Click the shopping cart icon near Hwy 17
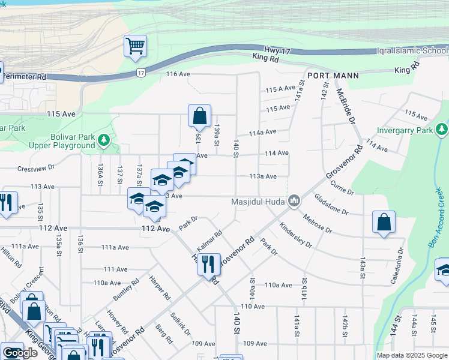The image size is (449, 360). pos(136,46)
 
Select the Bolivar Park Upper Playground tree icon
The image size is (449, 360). pos(104,140)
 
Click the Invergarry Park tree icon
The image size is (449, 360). pos(442,130)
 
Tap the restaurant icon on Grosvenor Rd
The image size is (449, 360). pos(208,264)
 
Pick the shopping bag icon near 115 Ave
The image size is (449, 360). pos(199,116)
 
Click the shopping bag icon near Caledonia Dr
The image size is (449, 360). pos(384,222)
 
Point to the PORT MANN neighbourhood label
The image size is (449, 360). pos(333,76)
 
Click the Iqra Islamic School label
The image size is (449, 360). pos(412,51)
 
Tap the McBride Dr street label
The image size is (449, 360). pos(345,106)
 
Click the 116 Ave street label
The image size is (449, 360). pos(178,74)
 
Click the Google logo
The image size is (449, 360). pos(19,353)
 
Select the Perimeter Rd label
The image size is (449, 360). pos(24,77)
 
